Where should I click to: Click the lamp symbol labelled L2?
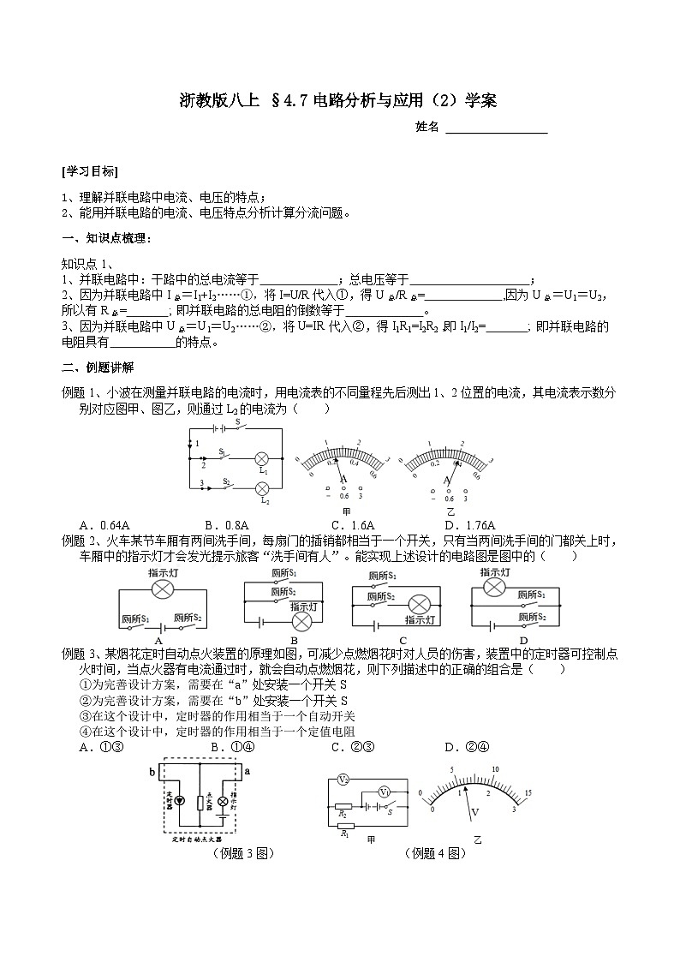point(264,487)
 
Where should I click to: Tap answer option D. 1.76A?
point(470,525)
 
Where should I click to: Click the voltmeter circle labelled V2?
point(342,780)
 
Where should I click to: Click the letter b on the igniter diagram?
point(153,771)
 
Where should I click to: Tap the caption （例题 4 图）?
point(436,853)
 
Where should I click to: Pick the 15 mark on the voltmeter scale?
point(528,792)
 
